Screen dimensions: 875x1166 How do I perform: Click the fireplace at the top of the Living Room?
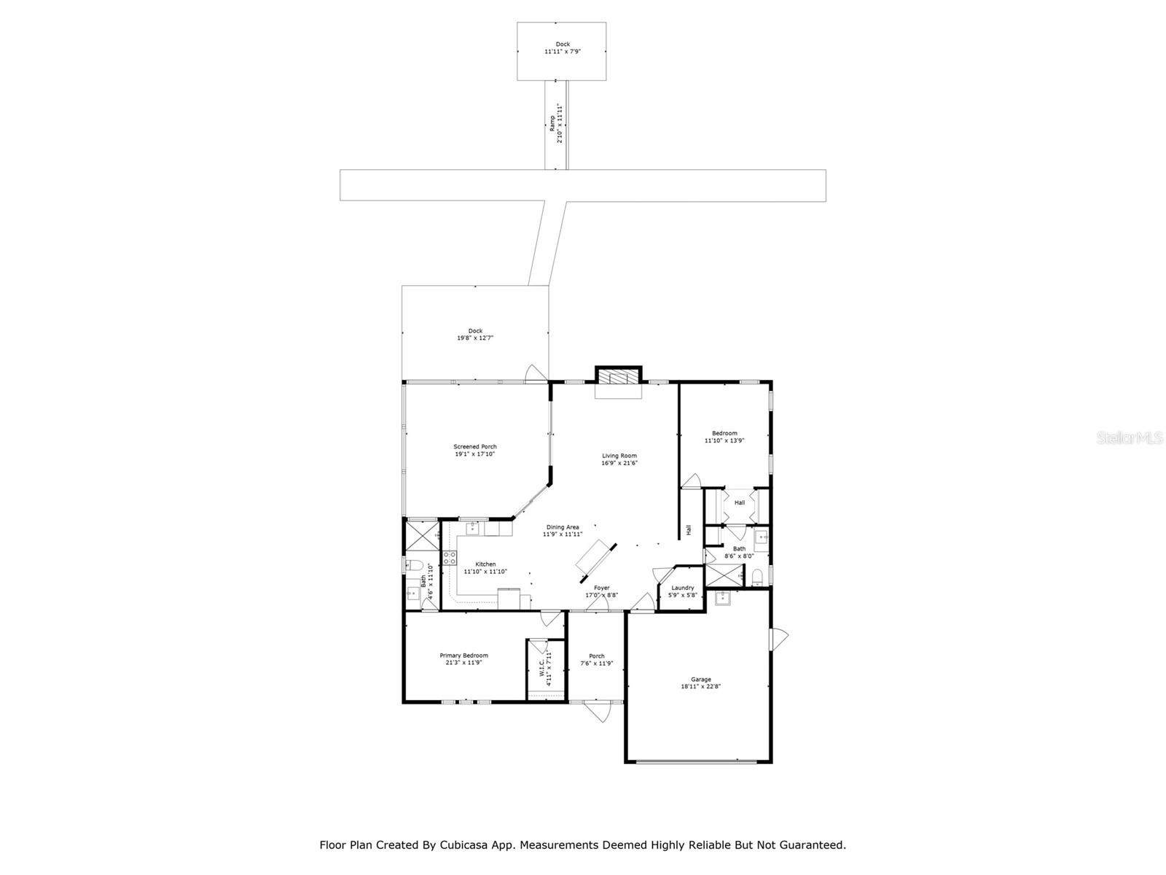(619, 376)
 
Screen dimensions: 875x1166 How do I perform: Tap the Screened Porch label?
(475, 447)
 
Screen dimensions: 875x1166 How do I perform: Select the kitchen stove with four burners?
(450, 559)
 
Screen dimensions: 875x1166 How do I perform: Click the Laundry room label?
(683, 588)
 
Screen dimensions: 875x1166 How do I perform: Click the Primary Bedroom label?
(463, 656)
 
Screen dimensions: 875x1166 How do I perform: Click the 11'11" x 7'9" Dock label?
(563, 52)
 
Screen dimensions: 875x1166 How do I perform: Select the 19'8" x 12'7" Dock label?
(475, 338)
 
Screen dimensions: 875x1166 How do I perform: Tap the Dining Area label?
(563, 527)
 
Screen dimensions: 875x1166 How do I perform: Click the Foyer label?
(601, 588)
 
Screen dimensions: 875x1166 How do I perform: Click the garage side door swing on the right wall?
(780, 639)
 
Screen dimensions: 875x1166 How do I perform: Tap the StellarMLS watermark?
(1132, 438)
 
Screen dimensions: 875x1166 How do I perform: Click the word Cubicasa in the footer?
(463, 845)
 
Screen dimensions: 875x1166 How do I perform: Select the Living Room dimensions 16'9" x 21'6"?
(619, 463)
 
